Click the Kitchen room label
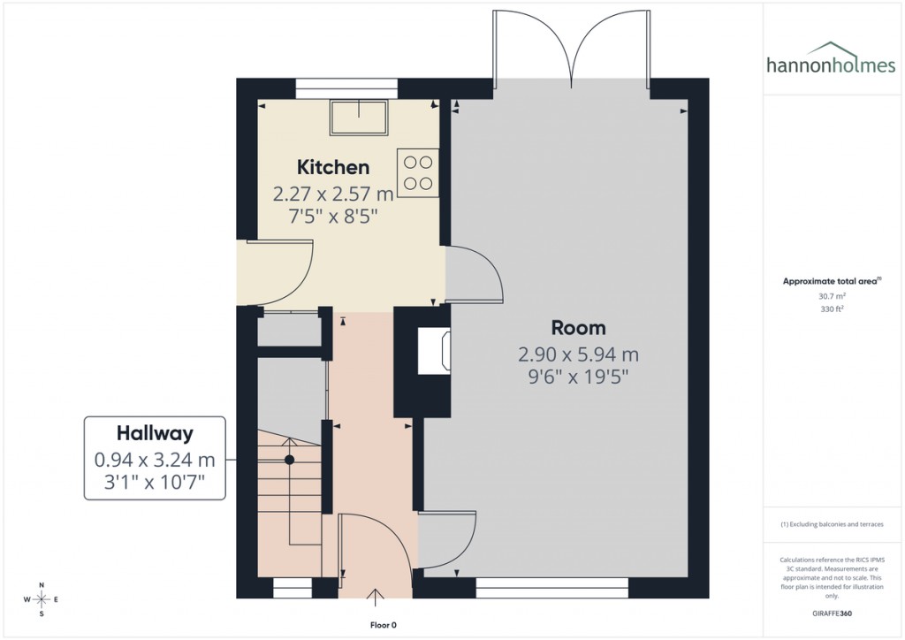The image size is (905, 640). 332,167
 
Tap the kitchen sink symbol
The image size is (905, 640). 360,118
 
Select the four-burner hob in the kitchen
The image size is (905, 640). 418,172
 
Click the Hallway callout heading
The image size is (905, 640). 155,433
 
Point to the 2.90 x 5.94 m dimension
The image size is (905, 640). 578,355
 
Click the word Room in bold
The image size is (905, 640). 578,328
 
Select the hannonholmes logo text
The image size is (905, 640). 830,65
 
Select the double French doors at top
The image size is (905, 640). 574,44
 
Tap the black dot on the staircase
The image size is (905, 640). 289,460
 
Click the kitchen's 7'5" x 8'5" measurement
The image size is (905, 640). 332,215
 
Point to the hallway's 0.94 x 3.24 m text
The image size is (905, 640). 155,460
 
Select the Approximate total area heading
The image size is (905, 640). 831,281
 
